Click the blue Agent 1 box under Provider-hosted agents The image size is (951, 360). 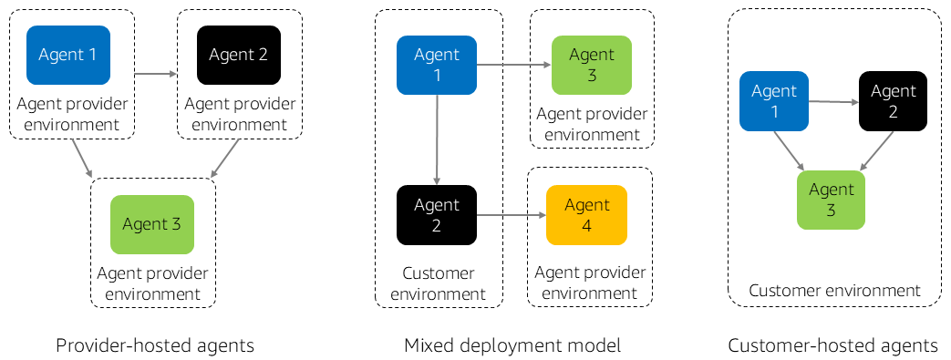[68, 55]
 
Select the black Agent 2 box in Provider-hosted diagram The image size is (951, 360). [238, 55]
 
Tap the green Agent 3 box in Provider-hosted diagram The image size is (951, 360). [151, 224]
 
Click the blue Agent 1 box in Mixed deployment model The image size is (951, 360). [437, 65]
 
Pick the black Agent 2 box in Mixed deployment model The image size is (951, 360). [437, 215]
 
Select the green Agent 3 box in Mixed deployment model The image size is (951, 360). [591, 65]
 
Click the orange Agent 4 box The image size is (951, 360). [586, 215]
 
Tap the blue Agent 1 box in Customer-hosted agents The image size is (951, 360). [774, 101]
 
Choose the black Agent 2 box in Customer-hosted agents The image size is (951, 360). [893, 101]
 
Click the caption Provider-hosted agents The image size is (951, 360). [154, 345]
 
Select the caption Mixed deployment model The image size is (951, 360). [512, 345]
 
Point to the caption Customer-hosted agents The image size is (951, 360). [832, 345]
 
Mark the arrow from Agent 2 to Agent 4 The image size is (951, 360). [511, 215]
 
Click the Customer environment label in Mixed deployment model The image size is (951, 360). [438, 283]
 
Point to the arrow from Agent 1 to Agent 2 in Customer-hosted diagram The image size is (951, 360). [833, 101]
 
